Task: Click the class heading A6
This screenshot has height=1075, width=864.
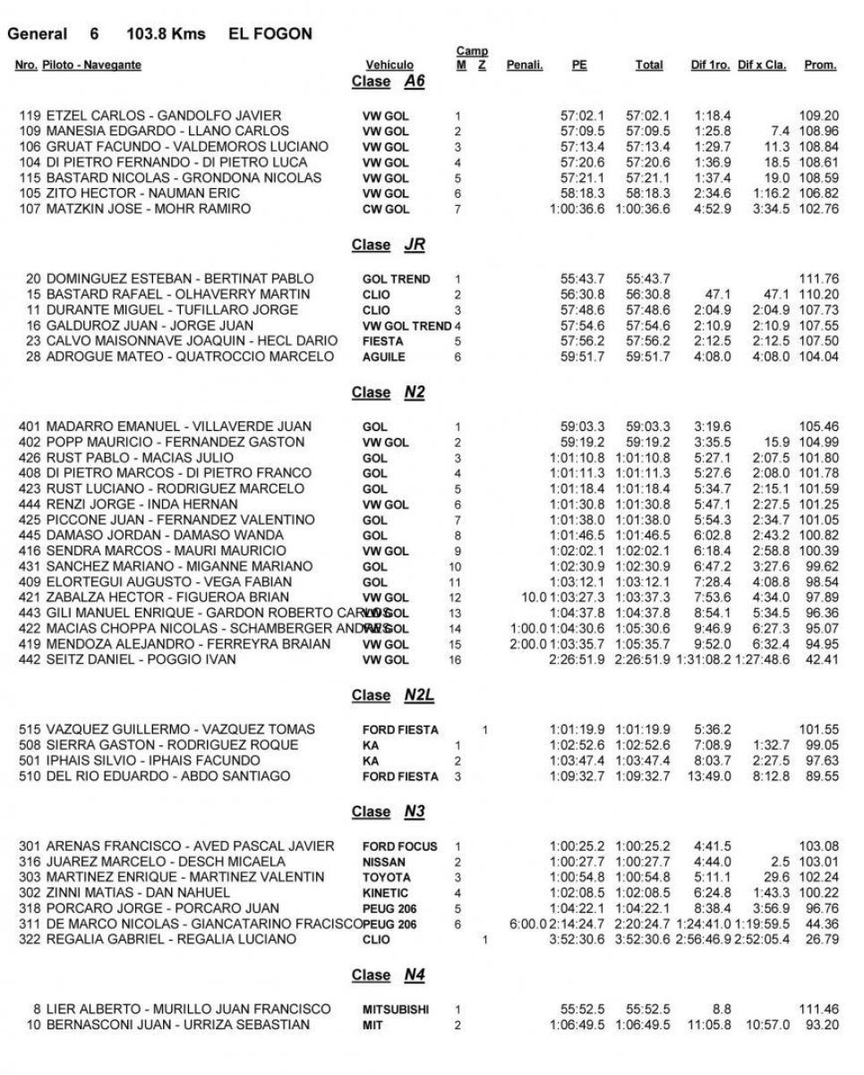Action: click(414, 82)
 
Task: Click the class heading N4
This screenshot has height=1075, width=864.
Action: click(414, 975)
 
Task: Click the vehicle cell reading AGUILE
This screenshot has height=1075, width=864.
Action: click(383, 357)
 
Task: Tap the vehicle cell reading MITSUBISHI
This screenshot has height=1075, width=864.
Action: click(396, 1010)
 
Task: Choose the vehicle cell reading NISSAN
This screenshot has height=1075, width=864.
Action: click(384, 862)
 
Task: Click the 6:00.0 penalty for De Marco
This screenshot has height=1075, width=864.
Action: click(526, 924)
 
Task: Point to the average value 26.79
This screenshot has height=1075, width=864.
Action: click(821, 940)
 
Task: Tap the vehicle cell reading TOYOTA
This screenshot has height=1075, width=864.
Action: click(385, 877)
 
